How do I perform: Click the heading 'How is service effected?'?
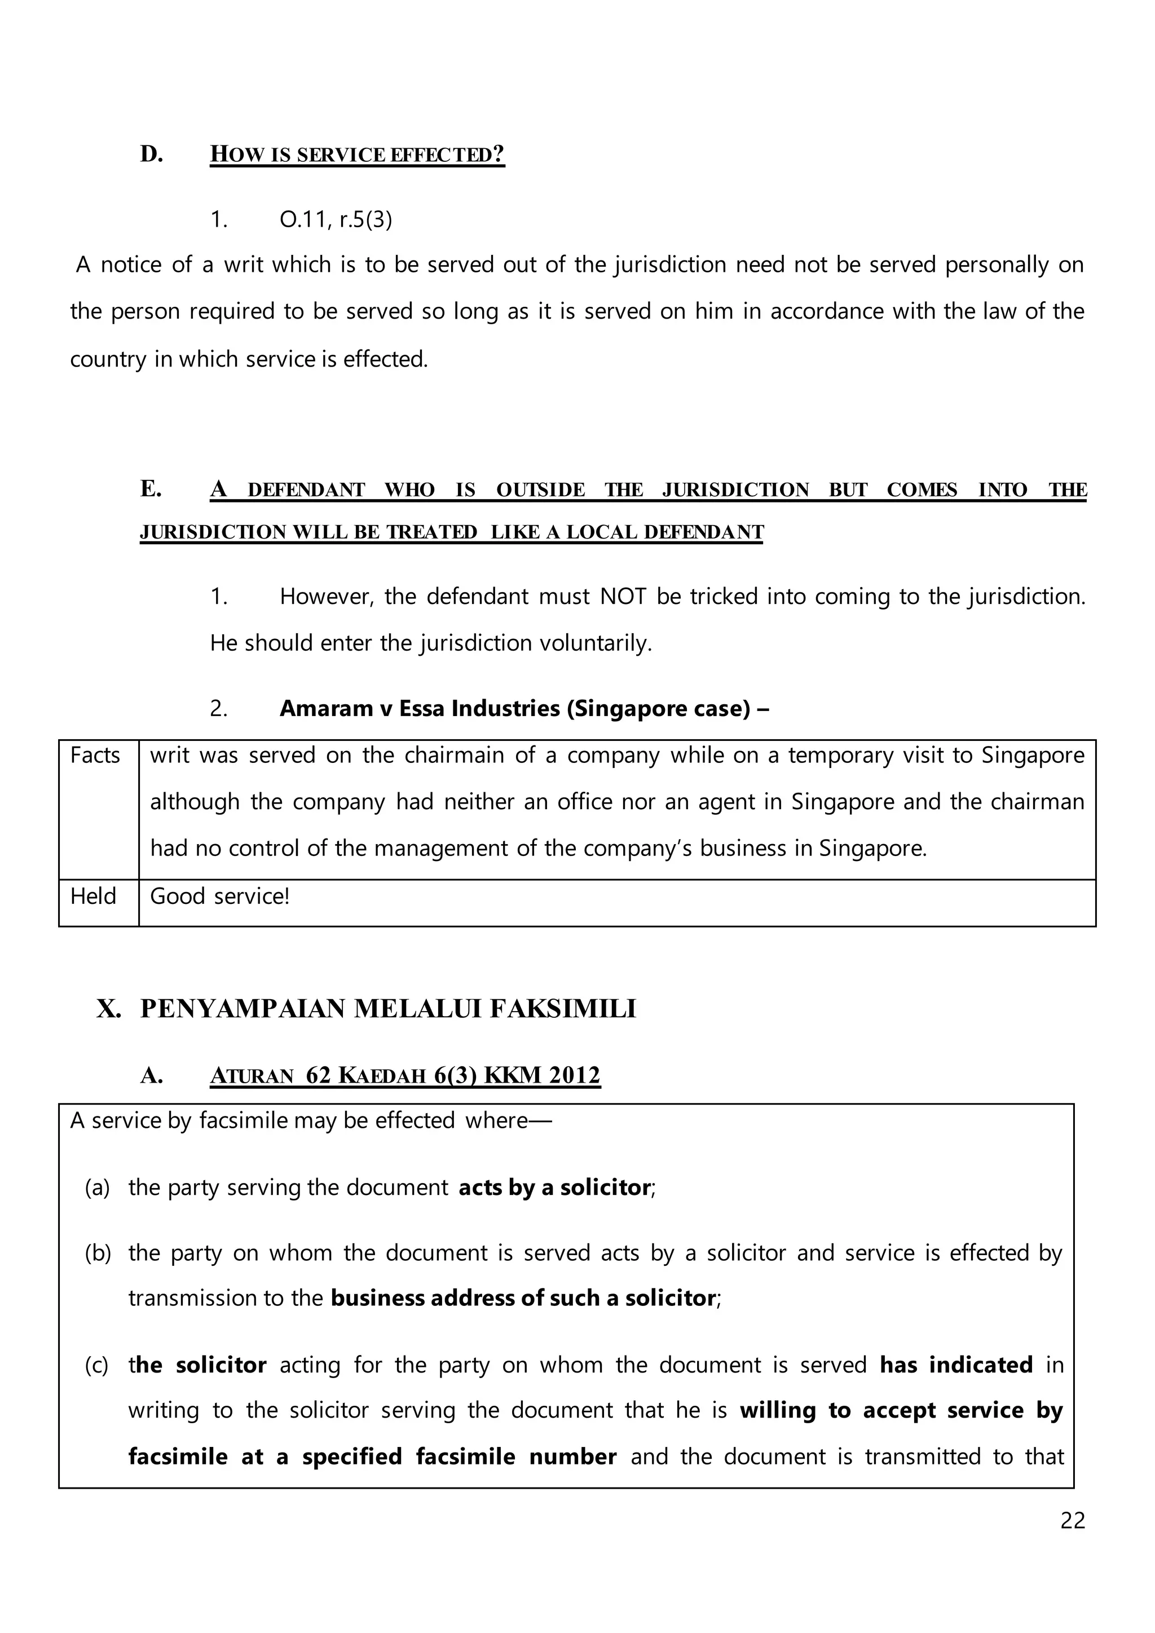point(357,155)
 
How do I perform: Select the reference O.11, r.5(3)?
point(336,220)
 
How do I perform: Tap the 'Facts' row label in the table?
point(95,756)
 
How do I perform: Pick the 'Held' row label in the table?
point(93,896)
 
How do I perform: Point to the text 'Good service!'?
point(220,896)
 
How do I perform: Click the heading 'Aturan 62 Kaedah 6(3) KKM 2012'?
point(405,1075)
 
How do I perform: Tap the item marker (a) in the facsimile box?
point(98,1188)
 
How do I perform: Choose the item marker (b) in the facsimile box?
point(98,1252)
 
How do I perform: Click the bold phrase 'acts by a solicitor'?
point(554,1188)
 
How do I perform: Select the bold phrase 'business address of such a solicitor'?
point(523,1298)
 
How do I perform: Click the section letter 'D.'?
point(152,155)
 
